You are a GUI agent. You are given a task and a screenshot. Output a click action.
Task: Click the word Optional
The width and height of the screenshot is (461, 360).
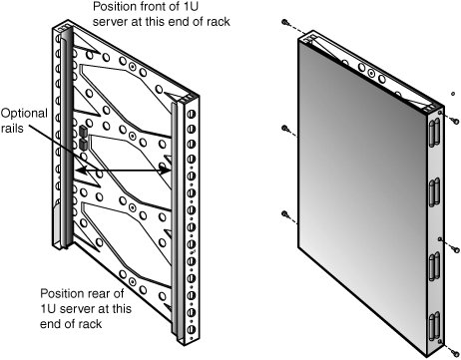pos(24,114)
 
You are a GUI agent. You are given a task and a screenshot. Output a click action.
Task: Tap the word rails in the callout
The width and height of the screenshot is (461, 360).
pos(12,129)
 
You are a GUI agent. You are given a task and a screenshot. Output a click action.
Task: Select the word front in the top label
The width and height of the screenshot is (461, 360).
pos(159,6)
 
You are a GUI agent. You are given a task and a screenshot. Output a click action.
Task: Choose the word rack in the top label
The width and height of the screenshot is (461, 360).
pos(218,22)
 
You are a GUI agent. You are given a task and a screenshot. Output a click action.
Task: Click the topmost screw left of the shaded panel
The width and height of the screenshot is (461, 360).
pos(284,22)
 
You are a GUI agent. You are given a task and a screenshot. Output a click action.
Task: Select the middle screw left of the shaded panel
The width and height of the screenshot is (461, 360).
pos(284,128)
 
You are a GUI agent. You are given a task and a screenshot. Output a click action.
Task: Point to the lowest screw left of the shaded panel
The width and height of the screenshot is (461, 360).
pos(284,213)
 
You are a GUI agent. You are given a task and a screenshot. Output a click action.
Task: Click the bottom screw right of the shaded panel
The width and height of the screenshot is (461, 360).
pos(456,352)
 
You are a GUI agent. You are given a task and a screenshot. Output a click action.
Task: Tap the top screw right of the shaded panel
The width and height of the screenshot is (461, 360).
pos(456,122)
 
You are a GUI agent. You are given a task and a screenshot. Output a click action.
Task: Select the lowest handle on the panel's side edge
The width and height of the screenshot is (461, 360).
pos(434,326)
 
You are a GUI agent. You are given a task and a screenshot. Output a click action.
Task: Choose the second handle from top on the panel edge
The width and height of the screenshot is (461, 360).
pos(434,192)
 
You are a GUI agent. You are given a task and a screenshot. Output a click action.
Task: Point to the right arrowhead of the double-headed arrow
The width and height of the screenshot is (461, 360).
pos(165,171)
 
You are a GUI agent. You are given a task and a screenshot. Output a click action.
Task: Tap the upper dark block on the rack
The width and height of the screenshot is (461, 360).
pos(83,132)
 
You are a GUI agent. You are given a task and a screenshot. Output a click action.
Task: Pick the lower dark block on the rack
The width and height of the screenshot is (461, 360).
pos(83,145)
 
